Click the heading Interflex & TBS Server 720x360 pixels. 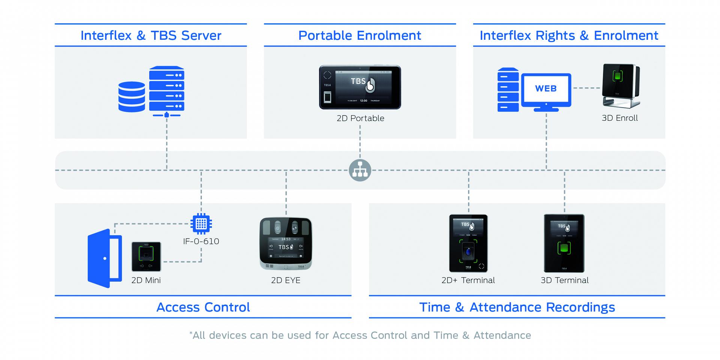coord(151,36)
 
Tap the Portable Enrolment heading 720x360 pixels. coord(360,36)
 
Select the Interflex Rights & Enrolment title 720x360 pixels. coord(569,36)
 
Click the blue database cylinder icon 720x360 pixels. coord(132,97)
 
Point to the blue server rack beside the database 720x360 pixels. coord(166,89)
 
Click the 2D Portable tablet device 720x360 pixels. coord(360,87)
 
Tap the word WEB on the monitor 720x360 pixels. coord(546,89)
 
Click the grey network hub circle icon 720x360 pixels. coord(360,170)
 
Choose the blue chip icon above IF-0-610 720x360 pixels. coord(201,224)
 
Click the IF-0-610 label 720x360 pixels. coord(201,241)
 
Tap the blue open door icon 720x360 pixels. coord(105,258)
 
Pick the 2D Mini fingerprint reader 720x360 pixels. coord(146,256)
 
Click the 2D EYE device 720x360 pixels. coord(286,244)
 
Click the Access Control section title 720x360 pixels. coord(203,307)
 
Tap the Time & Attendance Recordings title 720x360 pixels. coord(517,307)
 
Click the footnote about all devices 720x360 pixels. coord(360,335)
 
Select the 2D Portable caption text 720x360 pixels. coord(360,118)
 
